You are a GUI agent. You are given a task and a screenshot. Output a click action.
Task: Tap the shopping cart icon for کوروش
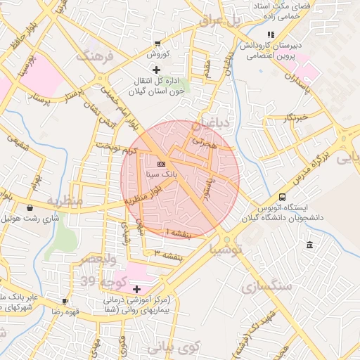tap(156, 44)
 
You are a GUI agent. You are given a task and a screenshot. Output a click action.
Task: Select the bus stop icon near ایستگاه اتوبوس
tap(282, 198)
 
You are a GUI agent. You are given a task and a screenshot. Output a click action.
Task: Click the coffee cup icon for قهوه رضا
tap(65, 301)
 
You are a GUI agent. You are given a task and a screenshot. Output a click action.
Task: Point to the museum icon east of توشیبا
tap(309, 244)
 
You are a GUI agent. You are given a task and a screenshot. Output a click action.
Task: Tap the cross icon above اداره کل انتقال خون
tap(155, 70)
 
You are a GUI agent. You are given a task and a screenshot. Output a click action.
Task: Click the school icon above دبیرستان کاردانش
tap(270, 34)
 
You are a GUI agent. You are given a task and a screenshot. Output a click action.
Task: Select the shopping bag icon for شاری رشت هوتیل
tap(30, 208)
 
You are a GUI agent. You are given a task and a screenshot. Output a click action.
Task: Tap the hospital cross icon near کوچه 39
tap(136, 289)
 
